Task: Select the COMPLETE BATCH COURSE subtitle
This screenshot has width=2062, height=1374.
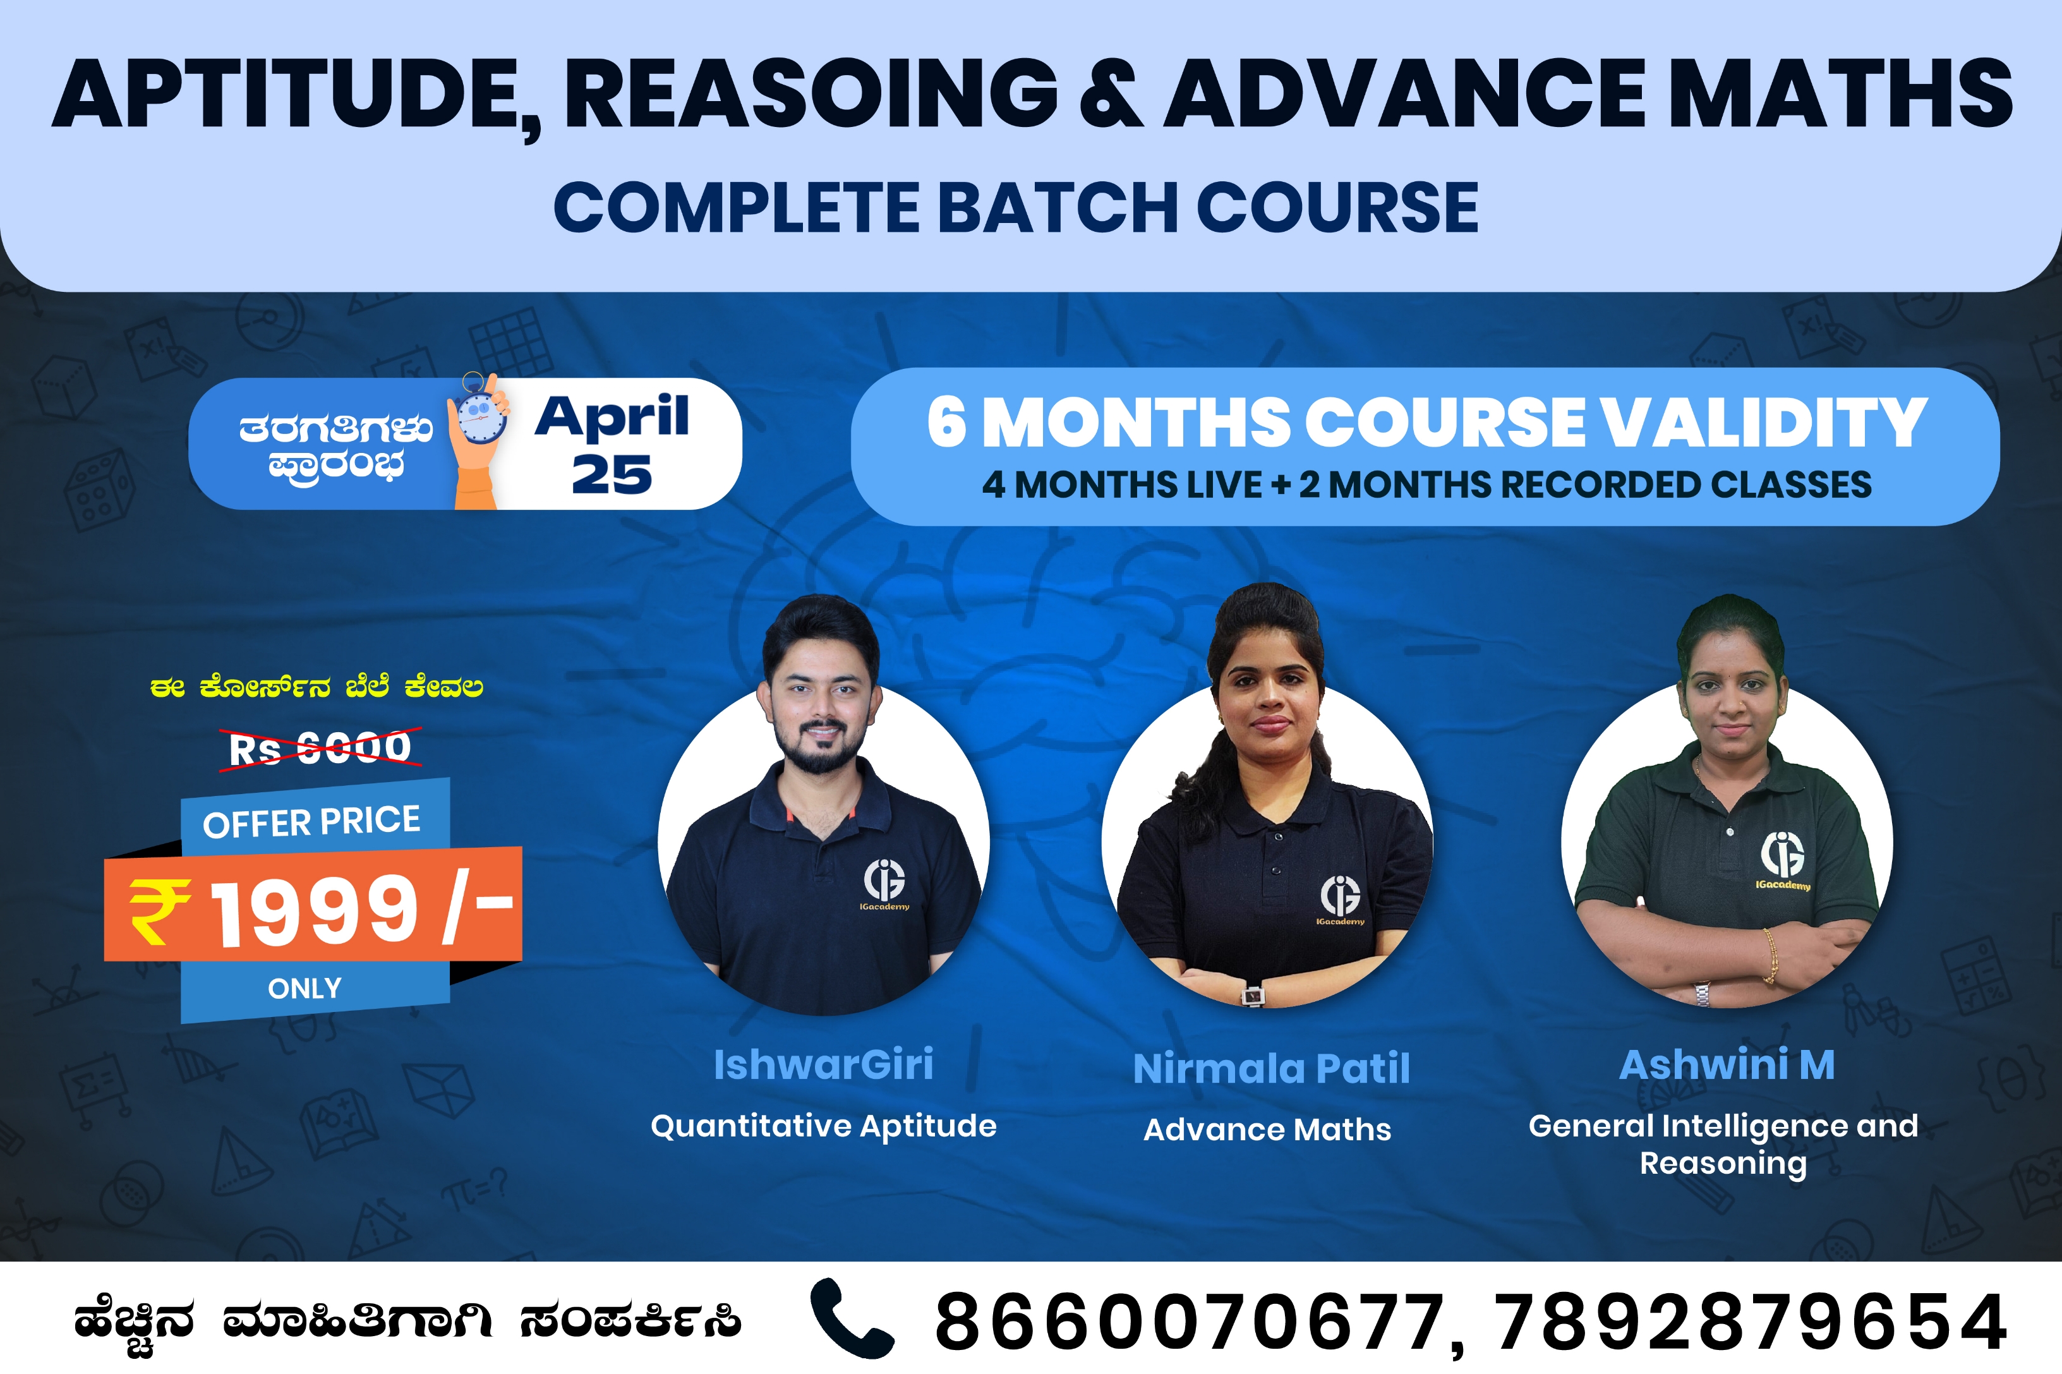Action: (1016, 208)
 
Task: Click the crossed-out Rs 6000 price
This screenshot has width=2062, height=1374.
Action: (320, 747)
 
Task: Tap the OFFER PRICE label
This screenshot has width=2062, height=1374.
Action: (312, 822)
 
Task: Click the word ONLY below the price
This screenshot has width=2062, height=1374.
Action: (305, 989)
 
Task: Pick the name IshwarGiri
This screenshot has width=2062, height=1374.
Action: (824, 1064)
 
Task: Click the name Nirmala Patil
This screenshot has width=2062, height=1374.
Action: (1272, 1069)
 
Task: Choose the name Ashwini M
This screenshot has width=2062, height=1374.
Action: (1727, 1064)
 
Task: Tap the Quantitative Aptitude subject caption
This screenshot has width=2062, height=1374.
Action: (824, 1126)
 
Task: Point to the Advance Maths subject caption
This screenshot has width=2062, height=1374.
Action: (1267, 1130)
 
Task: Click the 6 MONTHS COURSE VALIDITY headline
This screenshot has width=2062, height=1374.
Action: (1426, 423)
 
